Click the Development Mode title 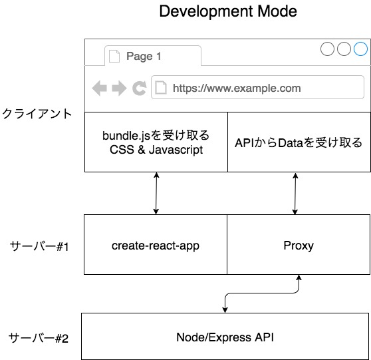(228, 11)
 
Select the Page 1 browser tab (153, 56)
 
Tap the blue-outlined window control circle (360, 49)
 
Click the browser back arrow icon (99, 88)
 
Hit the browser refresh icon (140, 88)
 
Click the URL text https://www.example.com (237, 88)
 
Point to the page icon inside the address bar (161, 87)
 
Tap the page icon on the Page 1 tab (114, 56)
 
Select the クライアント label (37, 114)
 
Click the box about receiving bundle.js (156, 142)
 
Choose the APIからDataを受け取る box (299, 142)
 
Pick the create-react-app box (156, 245)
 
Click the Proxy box (299, 245)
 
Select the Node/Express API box (225, 336)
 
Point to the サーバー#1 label (39, 246)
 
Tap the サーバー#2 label (39, 338)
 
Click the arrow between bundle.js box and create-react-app (156, 193)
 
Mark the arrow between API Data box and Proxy (295, 193)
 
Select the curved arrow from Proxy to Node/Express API (260, 293)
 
